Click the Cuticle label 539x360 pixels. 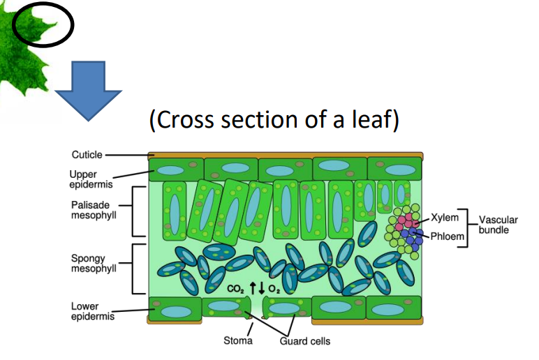coord(87,155)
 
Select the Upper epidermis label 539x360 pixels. coord(87,180)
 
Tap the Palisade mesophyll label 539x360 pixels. coord(91,210)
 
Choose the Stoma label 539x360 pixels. coord(238,341)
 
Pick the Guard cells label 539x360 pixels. coord(305,341)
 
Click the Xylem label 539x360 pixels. coord(445,218)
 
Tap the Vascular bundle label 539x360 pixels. coord(498,225)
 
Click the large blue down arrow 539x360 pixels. coord(88,91)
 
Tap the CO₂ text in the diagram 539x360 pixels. coord(235,288)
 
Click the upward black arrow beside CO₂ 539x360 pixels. coord(249,287)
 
